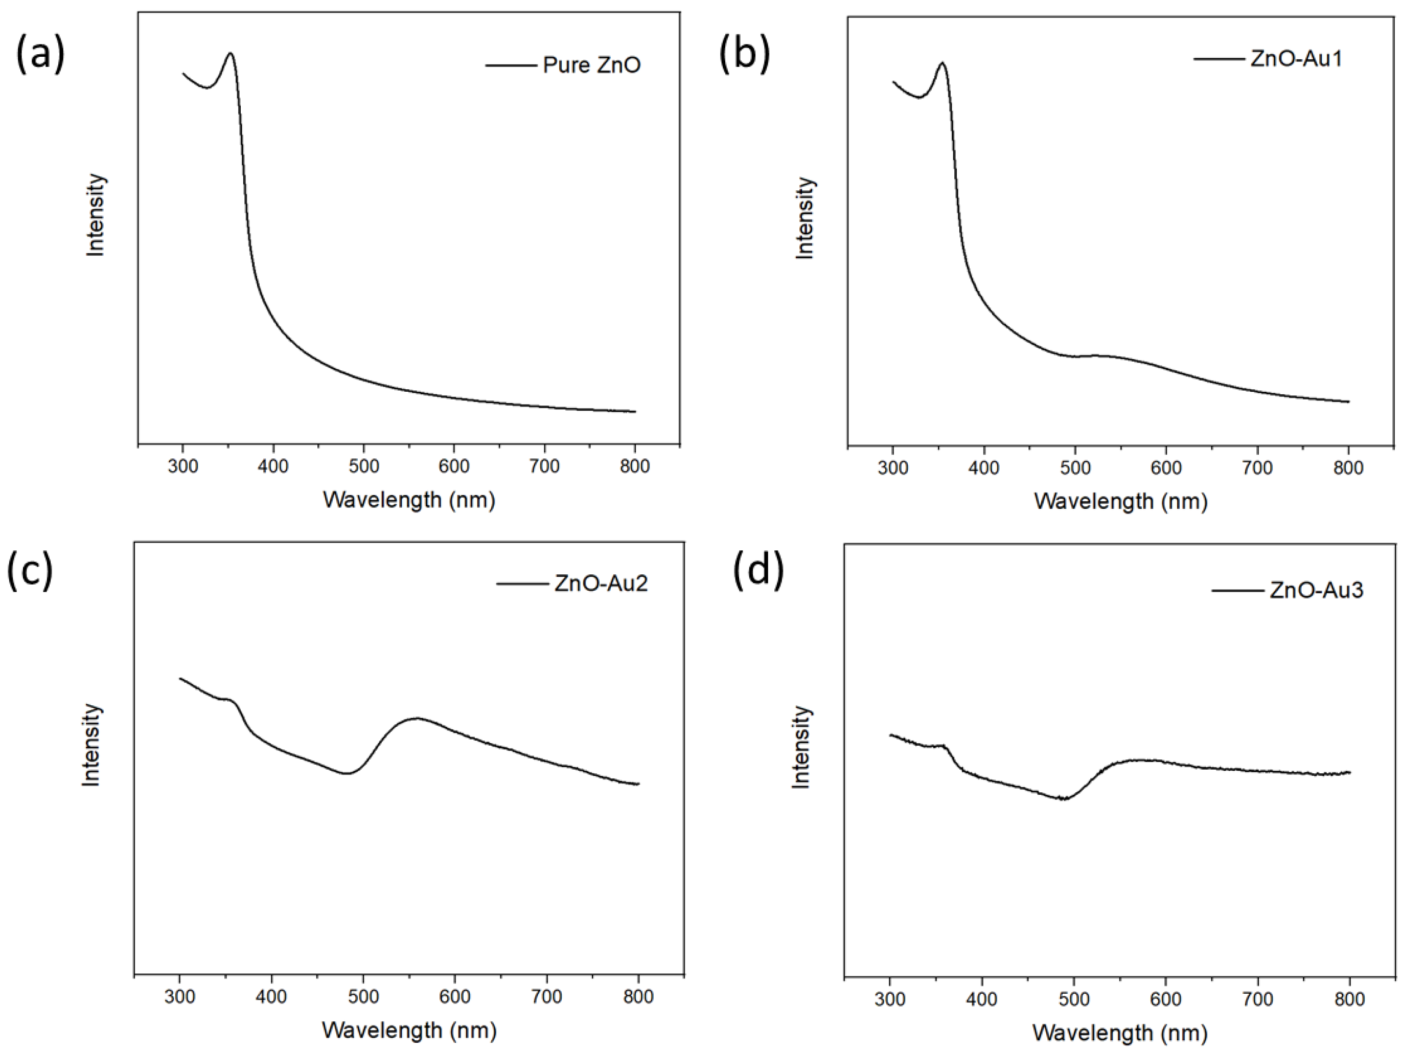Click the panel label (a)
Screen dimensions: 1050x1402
(40, 55)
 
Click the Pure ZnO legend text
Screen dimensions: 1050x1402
(591, 65)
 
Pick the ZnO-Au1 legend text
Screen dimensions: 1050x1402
(1296, 59)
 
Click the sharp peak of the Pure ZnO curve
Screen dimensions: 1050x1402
(230, 53)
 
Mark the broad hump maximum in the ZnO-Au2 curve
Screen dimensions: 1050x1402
(417, 719)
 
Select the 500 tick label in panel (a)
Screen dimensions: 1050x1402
(364, 466)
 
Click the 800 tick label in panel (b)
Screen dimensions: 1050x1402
(1348, 468)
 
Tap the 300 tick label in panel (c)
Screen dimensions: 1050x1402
(180, 997)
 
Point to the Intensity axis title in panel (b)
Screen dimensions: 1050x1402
(805, 217)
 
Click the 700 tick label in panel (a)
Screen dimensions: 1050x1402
(544, 466)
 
